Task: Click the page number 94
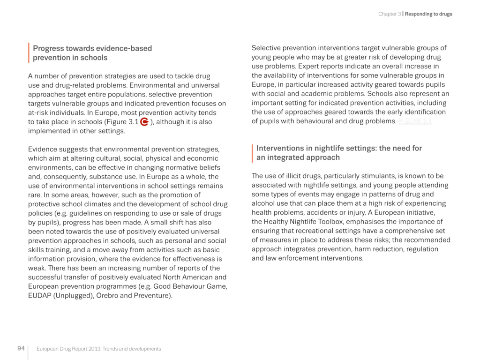point(21,348)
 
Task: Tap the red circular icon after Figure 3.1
point(144,122)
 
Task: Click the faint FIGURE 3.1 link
point(415,121)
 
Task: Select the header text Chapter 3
point(389,14)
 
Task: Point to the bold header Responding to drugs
point(428,14)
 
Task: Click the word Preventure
point(154,296)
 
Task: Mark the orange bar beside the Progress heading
point(29,53)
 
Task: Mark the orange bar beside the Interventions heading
point(253,153)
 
